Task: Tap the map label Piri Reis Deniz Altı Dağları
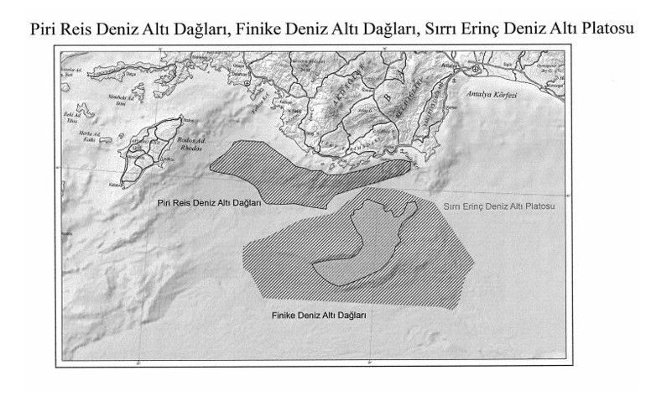click(210, 203)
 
